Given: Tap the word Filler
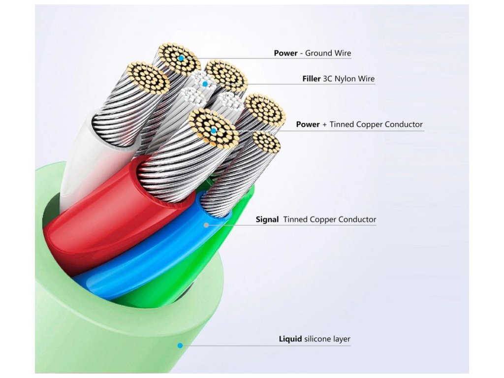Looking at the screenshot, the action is [x=312, y=79].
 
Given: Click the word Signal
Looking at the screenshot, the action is [x=267, y=220].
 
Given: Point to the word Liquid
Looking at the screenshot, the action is [x=290, y=339].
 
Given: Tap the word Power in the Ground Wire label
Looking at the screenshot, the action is [x=285, y=53].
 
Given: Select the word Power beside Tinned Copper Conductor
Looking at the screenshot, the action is [x=308, y=125].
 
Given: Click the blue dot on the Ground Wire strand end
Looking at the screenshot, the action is [x=181, y=58].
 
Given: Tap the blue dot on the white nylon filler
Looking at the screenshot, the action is [x=205, y=84].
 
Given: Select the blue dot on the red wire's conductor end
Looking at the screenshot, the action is [x=214, y=131].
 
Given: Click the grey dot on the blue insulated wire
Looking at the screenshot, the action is [x=206, y=225].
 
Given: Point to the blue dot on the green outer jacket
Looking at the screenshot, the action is [x=180, y=346].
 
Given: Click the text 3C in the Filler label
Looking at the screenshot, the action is [x=327, y=79].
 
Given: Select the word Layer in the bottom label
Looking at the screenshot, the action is [x=342, y=340].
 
